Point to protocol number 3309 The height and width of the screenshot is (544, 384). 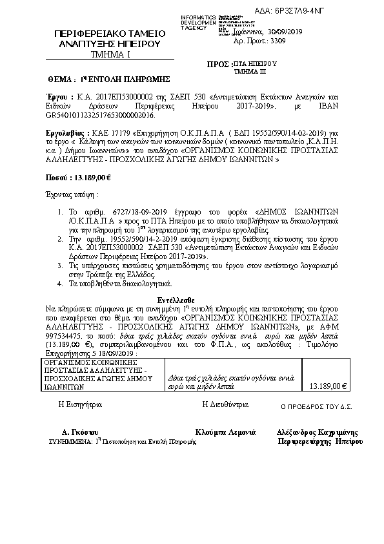[278, 40]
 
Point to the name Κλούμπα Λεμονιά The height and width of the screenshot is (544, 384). [225, 431]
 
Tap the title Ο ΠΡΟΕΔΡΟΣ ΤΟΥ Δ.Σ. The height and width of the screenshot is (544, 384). [316, 407]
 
